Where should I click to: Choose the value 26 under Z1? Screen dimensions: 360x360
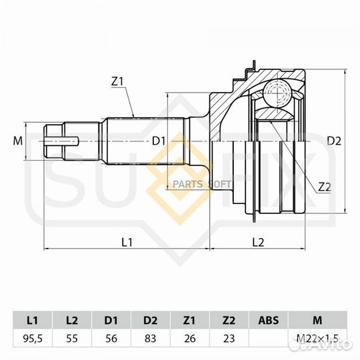[x=190, y=339]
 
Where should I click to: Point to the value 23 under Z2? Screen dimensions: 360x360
[x=229, y=339]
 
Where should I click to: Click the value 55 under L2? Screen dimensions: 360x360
[x=72, y=339]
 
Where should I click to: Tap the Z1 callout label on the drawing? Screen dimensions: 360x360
[x=118, y=82]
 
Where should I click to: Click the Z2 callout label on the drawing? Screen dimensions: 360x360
[x=325, y=187]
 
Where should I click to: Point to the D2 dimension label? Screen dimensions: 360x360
[x=335, y=141]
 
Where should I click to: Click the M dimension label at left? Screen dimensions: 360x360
[x=18, y=141]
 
